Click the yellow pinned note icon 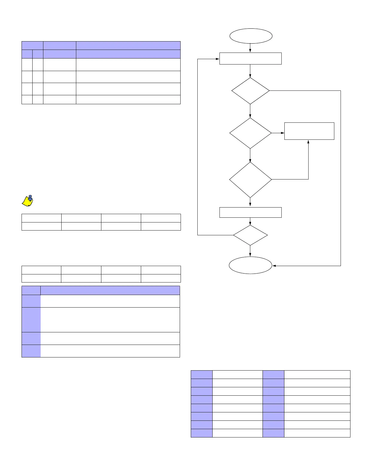click(x=28, y=201)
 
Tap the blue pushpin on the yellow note click(x=30, y=197)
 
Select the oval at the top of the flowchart click(x=251, y=36)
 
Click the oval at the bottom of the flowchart click(x=251, y=265)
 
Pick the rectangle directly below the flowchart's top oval click(x=251, y=59)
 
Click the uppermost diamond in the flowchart click(x=251, y=91)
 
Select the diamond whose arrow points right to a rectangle click(x=251, y=133)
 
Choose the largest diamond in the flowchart click(x=251, y=179)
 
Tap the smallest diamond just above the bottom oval click(x=250, y=235)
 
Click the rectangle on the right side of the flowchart click(x=309, y=131)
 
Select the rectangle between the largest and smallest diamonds click(x=251, y=212)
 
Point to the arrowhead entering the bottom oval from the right click(x=274, y=266)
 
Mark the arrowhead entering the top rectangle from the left click(x=218, y=59)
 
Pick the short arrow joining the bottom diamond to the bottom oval click(x=250, y=251)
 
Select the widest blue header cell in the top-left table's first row click(x=128, y=45)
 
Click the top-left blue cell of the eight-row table click(x=202, y=374)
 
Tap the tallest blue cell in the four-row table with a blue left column click(x=31, y=320)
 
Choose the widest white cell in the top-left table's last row click(x=128, y=99)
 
